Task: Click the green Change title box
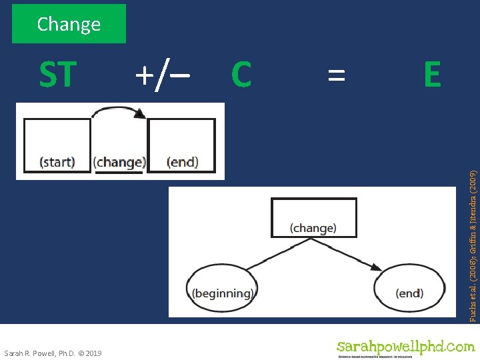click(69, 24)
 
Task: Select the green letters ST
click(57, 75)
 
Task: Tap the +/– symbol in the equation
click(162, 75)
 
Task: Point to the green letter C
click(241, 75)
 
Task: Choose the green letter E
click(432, 75)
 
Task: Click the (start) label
click(57, 162)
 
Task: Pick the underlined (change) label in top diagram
click(119, 162)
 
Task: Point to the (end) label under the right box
click(182, 162)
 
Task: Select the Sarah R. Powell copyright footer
click(53, 353)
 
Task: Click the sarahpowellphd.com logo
click(405, 347)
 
